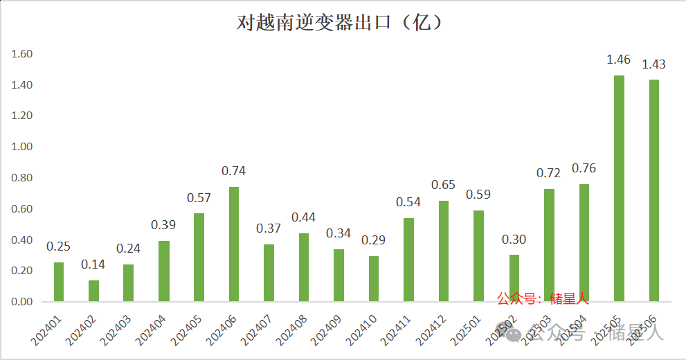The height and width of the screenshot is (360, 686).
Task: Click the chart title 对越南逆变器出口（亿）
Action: point(340,23)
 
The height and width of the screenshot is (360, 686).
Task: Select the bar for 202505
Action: point(619,188)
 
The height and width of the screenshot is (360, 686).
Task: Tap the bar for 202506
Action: point(654,190)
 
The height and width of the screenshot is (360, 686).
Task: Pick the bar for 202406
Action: point(234,244)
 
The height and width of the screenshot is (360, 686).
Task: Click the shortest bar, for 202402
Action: point(93,291)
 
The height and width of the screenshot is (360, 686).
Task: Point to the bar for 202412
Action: point(444,251)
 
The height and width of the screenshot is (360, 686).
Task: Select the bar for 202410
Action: point(374,279)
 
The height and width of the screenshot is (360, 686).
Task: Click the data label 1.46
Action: point(618,60)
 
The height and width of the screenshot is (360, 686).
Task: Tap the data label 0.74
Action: point(233,171)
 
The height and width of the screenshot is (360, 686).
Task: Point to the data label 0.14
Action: point(93,264)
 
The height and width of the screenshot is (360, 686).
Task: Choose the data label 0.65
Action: point(444,185)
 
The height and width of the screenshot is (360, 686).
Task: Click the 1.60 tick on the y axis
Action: point(23,54)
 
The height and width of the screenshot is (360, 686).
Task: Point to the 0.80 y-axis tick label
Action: point(23,178)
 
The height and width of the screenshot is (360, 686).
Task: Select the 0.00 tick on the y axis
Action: point(23,302)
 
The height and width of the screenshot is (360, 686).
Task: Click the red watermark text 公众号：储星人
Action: point(543,299)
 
